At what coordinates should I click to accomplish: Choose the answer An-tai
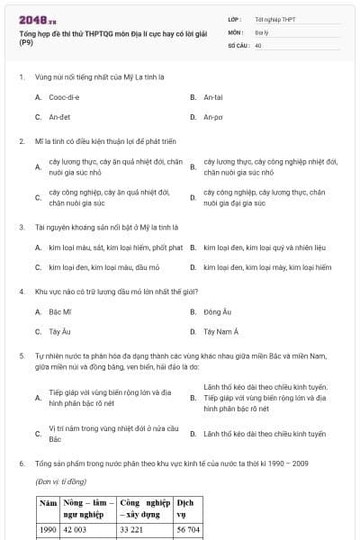pos(212,96)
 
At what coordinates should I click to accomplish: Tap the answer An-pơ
pos(212,117)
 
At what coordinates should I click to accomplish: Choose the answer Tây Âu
pos(59,332)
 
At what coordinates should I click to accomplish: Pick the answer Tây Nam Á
pos(220,332)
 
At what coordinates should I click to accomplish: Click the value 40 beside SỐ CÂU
pos(258,44)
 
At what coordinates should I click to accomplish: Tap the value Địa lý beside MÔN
pos(262,31)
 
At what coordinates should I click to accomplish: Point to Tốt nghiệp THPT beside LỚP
pos(274,19)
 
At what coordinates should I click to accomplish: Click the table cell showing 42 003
pos(77,530)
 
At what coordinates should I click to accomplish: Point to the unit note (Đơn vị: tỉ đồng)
pos(62,482)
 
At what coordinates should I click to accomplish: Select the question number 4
pos(21,292)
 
